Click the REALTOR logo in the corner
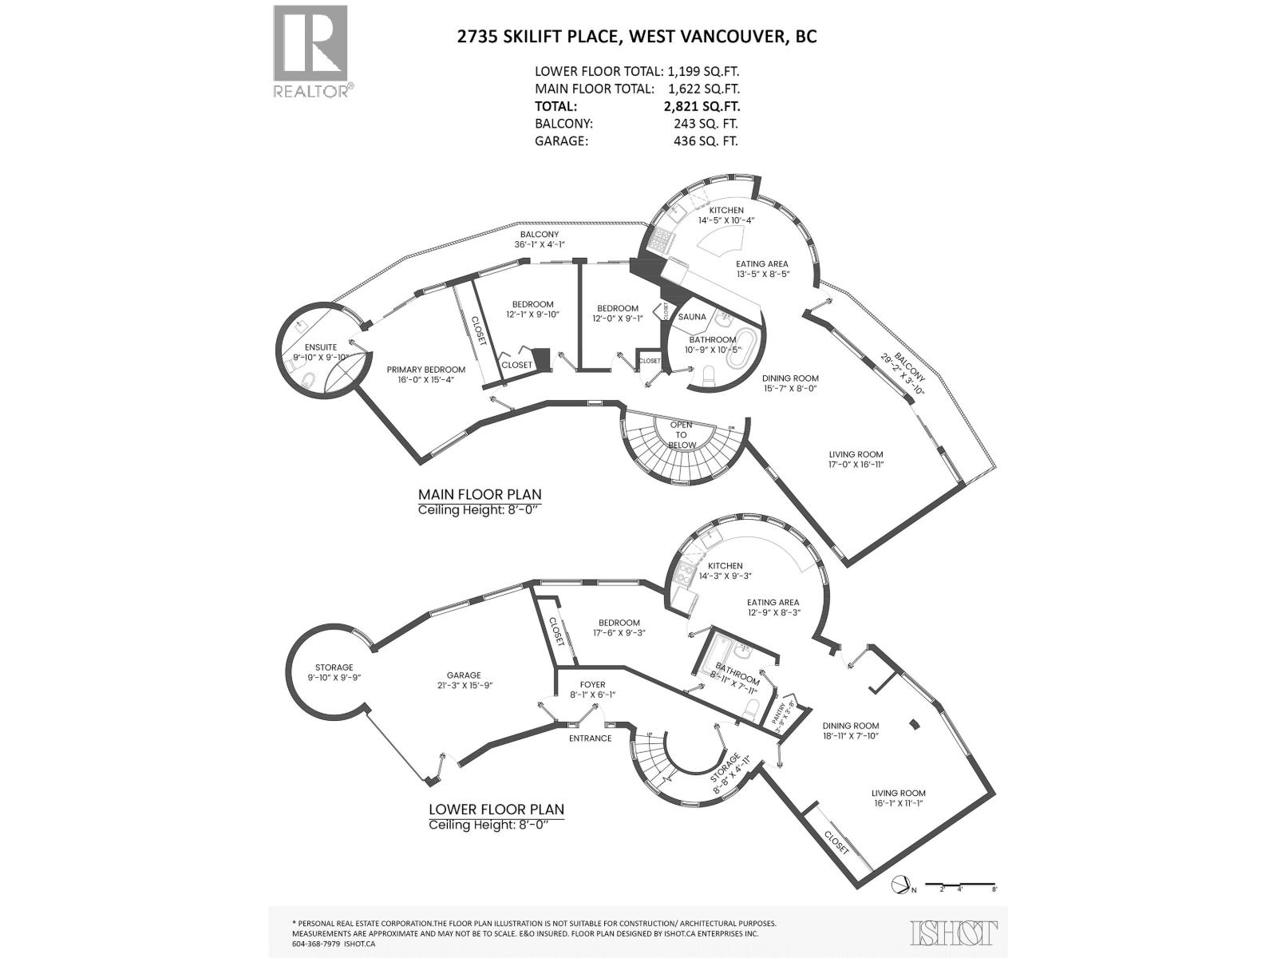(311, 51)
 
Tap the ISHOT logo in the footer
(954, 932)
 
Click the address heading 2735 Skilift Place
(635, 36)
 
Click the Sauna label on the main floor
(692, 317)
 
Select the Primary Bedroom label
(425, 370)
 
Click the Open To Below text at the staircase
(682, 435)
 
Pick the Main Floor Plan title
(480, 495)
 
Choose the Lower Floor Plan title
(496, 809)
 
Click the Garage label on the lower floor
(464, 675)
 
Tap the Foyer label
(592, 684)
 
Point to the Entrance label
(590, 738)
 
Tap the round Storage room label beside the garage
(334, 667)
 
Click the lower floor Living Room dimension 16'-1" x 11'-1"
(898, 804)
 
